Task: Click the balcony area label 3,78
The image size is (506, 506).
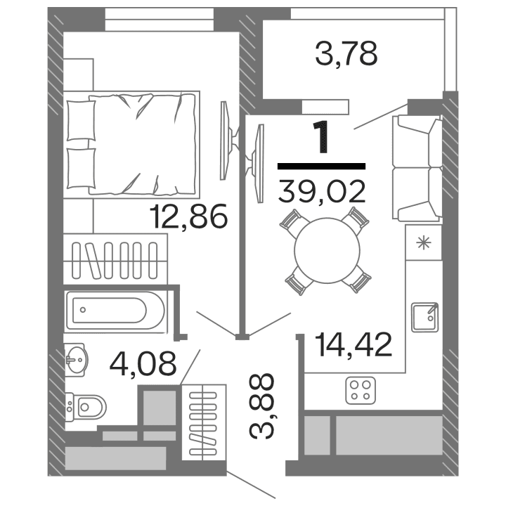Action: pyautogui.click(x=346, y=53)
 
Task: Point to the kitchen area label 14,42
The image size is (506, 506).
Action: pyautogui.click(x=353, y=345)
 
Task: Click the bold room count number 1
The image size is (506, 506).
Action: pyautogui.click(x=322, y=137)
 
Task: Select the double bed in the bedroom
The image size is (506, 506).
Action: pyautogui.click(x=134, y=143)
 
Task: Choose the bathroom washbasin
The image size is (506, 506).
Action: pyautogui.click(x=77, y=360)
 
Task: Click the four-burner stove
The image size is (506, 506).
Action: pyautogui.click(x=362, y=391)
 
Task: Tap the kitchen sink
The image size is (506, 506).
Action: pyautogui.click(x=424, y=316)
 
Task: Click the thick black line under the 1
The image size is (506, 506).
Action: pyautogui.click(x=322, y=167)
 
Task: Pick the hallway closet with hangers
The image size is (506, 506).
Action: pyautogui.click(x=204, y=422)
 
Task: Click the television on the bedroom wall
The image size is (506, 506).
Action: pyautogui.click(x=226, y=141)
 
